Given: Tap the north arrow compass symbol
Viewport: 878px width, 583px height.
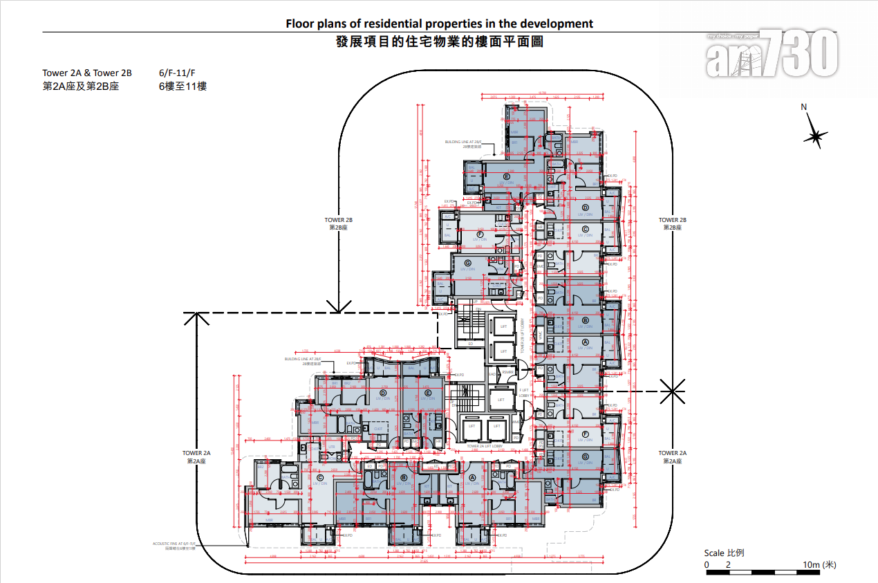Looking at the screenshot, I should pos(814,136).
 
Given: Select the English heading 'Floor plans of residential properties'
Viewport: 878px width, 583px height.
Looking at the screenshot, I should pos(439,24).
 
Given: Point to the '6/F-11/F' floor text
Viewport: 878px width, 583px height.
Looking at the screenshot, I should pos(178,73).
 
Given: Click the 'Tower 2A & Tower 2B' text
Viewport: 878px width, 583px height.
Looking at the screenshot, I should pos(87,73).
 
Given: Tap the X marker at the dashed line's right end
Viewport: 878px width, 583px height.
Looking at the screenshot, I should pos(671,391).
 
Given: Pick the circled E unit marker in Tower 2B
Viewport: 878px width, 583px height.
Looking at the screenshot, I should pos(507,177).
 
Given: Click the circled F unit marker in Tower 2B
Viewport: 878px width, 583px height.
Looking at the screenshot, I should pos(479,234).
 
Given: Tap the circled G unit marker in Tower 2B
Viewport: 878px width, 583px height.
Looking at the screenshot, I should pos(468,263).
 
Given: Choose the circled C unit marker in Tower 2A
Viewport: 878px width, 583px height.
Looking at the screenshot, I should pos(320,477).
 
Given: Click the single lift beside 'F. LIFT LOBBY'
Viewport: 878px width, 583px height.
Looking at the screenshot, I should pos(501,400).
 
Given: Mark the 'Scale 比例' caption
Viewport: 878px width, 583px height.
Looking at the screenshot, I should pos(724,553).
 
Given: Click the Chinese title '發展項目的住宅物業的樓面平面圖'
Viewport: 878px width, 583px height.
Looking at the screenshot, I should pos(439,41).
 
